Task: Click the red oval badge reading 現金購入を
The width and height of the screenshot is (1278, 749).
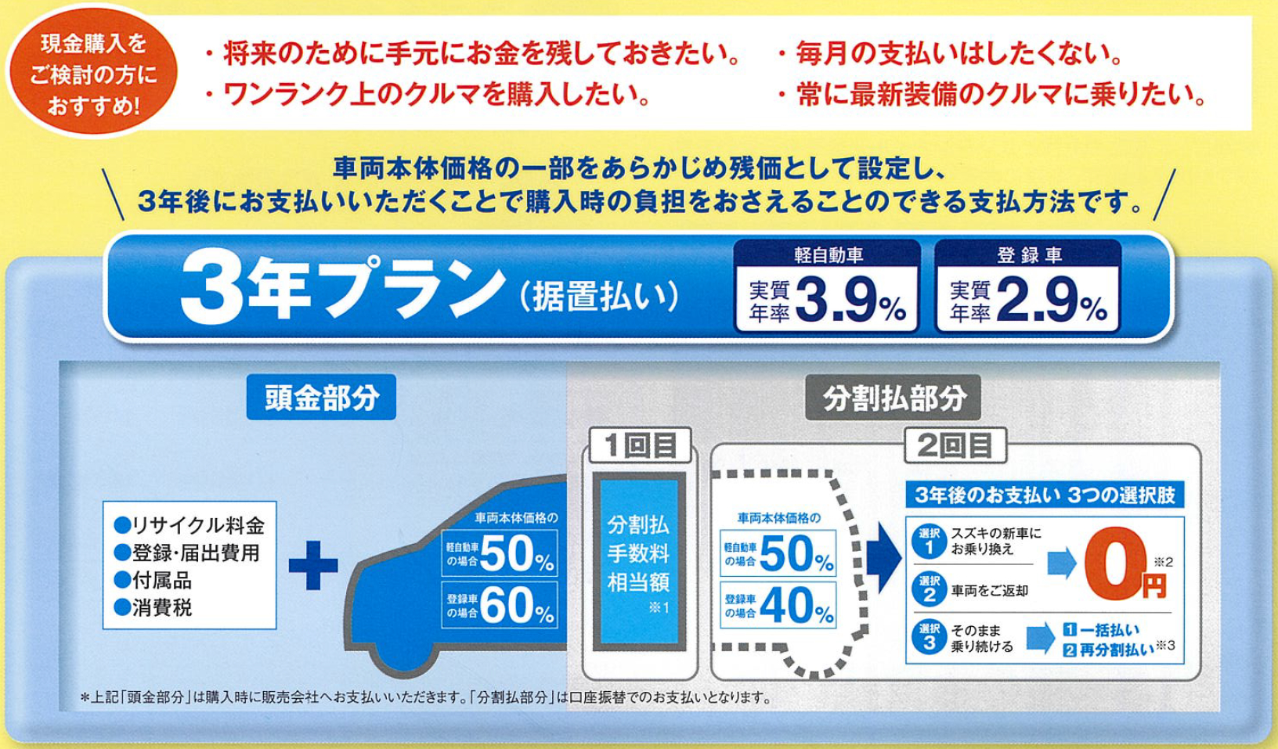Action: click(x=92, y=72)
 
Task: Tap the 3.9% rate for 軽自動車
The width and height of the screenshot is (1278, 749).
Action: click(x=850, y=300)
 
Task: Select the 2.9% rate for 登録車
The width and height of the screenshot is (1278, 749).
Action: click(x=1052, y=300)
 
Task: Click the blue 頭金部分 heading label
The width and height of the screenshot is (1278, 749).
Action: click(x=321, y=398)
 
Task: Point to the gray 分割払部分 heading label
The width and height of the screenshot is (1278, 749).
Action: click(x=894, y=398)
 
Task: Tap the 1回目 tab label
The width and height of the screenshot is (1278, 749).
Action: click(x=641, y=445)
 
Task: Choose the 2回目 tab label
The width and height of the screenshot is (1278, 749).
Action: click(x=955, y=445)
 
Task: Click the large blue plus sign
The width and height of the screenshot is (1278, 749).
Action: click(x=313, y=565)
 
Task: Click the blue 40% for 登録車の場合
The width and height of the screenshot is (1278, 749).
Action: click(x=796, y=605)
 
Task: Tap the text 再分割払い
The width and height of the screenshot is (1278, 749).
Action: click(x=1109, y=650)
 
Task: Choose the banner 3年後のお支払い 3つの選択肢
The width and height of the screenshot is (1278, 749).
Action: click(x=1045, y=495)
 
